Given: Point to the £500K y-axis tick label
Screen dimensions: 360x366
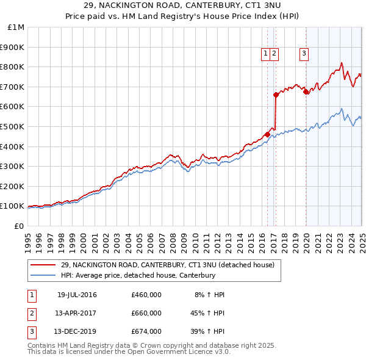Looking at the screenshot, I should point(14,126).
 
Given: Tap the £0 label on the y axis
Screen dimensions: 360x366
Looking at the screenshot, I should point(20,226).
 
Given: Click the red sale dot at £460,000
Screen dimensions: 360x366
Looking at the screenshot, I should point(267,134).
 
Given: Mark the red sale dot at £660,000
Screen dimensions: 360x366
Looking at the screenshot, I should point(276,95).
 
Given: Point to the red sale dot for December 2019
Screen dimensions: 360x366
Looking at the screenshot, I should point(306,92).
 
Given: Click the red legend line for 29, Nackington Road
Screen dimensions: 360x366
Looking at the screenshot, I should point(43,265).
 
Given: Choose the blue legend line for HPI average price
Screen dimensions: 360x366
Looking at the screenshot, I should point(43,275).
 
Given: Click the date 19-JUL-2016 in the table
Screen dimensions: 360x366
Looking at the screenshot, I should point(77,295).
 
